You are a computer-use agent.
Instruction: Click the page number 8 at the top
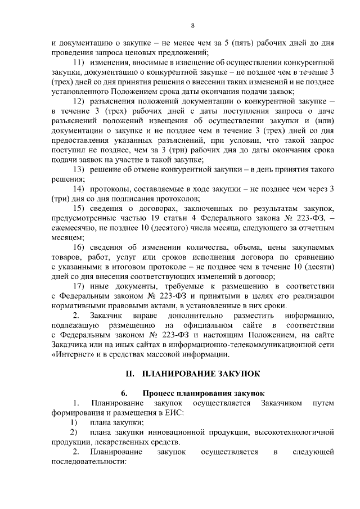coord(192,25)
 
